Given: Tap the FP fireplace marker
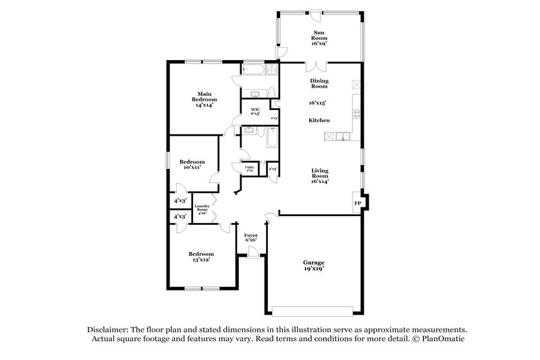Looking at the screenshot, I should pos(357,203).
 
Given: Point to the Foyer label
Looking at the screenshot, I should pos(251,234).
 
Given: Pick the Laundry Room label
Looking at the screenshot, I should pos(202,209).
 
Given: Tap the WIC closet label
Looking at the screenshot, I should pos(255,109).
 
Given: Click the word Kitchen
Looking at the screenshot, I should pos(319,120).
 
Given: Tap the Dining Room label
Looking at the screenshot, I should pos(319,84).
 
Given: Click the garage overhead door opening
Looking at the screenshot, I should pos(313,311).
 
